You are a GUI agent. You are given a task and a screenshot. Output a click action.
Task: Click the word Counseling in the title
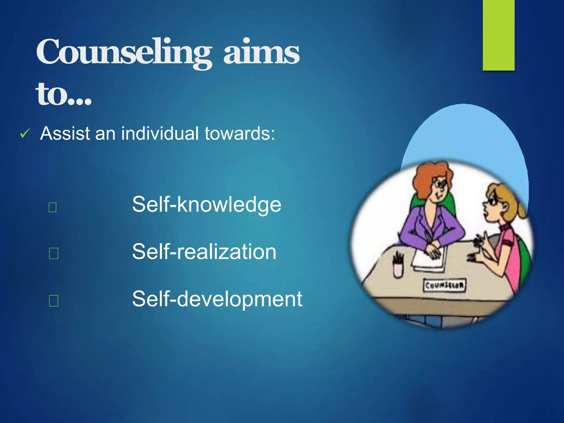click(124, 52)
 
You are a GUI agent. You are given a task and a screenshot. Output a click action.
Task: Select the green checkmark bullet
click(25, 134)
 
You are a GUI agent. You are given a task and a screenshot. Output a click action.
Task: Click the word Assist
click(65, 134)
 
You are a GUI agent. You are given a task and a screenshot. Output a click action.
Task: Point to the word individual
click(160, 134)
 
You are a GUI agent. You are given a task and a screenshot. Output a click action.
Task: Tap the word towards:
click(240, 134)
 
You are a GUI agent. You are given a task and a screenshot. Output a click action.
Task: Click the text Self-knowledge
click(207, 204)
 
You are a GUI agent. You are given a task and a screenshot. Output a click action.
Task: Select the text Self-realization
click(204, 252)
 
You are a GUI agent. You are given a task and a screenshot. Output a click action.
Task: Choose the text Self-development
click(217, 299)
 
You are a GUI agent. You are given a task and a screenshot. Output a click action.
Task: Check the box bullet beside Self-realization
click(53, 253)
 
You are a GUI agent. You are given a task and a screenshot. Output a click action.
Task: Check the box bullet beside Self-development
click(53, 301)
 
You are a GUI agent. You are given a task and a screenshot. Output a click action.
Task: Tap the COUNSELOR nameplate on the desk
click(444, 285)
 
